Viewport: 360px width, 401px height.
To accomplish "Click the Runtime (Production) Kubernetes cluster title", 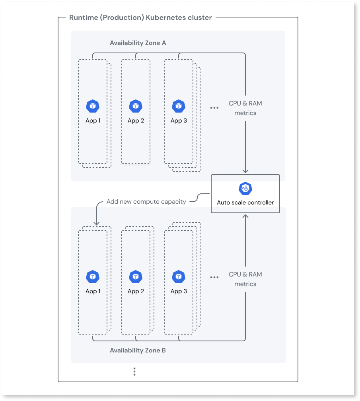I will click(x=140, y=18).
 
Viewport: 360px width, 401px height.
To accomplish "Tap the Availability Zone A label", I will click(x=138, y=43).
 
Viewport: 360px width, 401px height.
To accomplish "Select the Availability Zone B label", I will click(x=138, y=350).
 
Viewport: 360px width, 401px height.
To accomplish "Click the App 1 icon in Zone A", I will click(x=93, y=106).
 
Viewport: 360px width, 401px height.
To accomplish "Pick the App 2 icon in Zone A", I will click(x=136, y=106).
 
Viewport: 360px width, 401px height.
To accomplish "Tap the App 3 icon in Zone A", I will click(x=179, y=106).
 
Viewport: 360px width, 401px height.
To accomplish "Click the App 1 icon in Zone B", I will click(x=93, y=277).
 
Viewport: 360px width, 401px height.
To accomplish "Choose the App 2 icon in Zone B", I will click(x=136, y=277).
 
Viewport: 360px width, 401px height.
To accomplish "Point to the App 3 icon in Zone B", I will click(x=179, y=277).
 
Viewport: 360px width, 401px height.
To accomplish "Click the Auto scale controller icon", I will click(x=245, y=188).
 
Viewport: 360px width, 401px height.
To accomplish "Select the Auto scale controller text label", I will click(x=245, y=202).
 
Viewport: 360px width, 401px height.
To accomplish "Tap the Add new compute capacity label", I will click(x=146, y=202).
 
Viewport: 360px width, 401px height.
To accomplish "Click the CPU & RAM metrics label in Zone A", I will click(x=245, y=108).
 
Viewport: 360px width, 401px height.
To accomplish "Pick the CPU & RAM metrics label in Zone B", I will click(x=245, y=279).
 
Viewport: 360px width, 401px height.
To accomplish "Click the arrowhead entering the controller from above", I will click(x=245, y=171).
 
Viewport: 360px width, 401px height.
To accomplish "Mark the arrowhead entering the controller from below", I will click(x=245, y=216).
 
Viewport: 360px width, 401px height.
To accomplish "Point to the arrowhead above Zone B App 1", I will click(x=96, y=223).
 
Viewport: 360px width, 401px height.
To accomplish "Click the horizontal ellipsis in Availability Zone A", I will click(x=214, y=108).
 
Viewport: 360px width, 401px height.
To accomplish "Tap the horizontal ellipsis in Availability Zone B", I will click(x=214, y=278).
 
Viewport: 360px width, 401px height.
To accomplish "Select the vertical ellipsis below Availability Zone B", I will click(x=134, y=372).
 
